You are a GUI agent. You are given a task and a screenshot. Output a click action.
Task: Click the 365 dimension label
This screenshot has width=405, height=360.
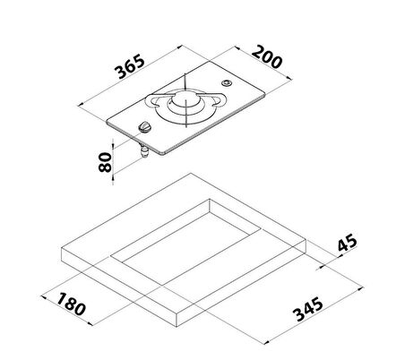[130, 66]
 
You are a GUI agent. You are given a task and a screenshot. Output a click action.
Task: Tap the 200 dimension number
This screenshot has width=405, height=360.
[267, 57]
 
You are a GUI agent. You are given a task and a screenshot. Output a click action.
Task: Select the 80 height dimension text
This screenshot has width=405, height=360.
[105, 162]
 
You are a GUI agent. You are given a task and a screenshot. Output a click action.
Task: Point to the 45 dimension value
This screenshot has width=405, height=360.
[348, 242]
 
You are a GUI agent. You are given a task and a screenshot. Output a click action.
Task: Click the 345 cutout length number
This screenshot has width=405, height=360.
[308, 309]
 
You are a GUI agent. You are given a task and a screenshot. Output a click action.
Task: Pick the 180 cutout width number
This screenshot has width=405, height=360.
[71, 304]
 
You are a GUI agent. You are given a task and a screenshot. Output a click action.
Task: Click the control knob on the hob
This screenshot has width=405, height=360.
[145, 127]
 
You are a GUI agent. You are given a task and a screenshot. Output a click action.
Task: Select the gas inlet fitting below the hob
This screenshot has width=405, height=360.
[144, 151]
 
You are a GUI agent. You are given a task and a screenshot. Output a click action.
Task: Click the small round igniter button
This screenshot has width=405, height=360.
[226, 83]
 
